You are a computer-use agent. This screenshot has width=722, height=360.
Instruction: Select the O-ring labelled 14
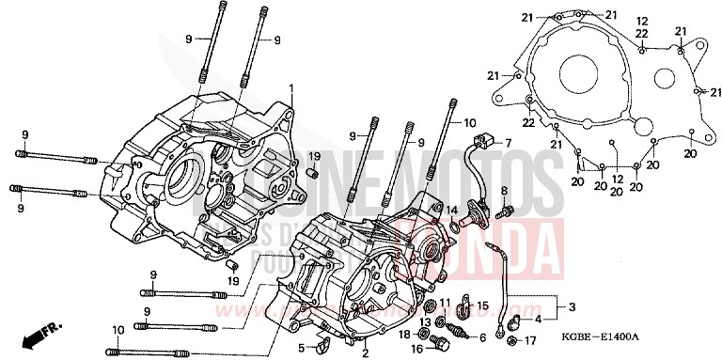click(x=457, y=226)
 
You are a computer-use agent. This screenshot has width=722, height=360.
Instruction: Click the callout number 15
click(x=483, y=305)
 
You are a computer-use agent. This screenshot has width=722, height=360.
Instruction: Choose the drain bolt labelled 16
click(x=434, y=348)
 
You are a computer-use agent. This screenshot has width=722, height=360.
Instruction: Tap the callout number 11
click(x=446, y=303)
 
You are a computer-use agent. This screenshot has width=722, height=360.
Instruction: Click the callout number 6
click(x=482, y=337)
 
